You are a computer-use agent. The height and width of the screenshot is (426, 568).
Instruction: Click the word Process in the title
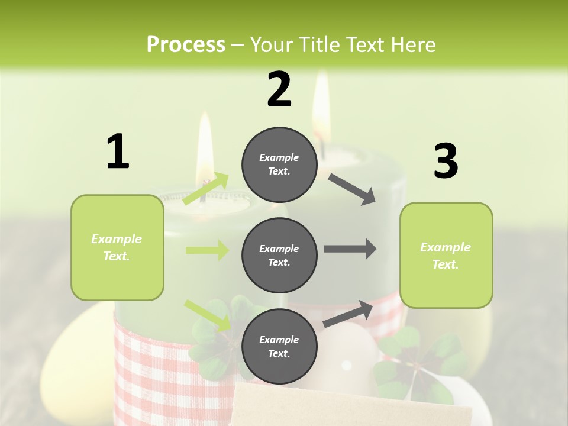[186, 45]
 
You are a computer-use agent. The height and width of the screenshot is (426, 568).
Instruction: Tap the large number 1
[118, 152]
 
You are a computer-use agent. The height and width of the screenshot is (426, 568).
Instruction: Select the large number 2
[279, 89]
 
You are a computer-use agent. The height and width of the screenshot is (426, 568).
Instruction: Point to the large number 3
[446, 162]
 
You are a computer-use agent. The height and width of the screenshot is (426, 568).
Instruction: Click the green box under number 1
[117, 247]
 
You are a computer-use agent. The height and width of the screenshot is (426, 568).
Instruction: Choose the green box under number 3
[446, 255]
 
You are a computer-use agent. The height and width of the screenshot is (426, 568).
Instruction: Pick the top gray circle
[279, 164]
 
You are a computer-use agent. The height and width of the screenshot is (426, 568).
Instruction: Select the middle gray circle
[279, 255]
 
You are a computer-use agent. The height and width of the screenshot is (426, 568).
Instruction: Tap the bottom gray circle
[279, 346]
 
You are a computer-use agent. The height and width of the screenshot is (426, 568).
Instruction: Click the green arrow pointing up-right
[206, 189]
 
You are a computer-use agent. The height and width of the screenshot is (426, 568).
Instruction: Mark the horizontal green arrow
[207, 250]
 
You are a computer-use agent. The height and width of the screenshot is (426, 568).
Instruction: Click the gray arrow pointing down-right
[352, 189]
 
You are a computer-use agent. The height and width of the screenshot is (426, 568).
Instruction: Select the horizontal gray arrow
[350, 249]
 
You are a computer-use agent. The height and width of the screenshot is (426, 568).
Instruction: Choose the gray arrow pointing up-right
[348, 314]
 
